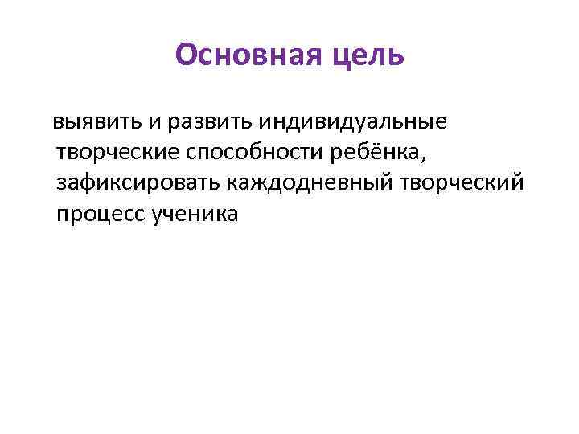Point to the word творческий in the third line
point(467,183)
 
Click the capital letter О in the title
point(185,55)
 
